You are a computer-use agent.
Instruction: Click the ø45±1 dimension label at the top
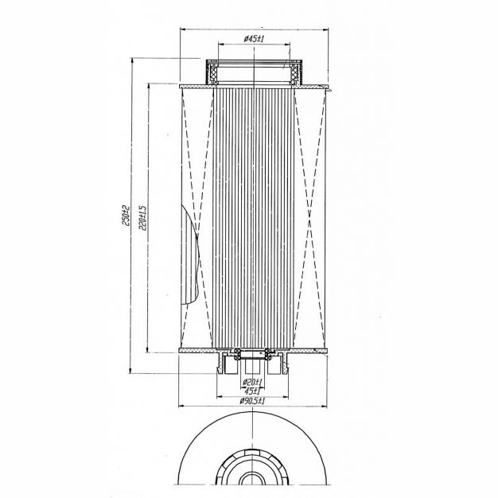coord(254,39)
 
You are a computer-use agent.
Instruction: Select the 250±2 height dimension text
coord(126,216)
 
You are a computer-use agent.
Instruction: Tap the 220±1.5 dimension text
coord(143,217)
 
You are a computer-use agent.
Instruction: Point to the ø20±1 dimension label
coord(252,382)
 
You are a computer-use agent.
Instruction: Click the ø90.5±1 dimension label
coord(252,401)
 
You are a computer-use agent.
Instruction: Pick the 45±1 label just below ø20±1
coord(252,390)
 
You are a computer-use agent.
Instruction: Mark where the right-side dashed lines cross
coord(309,219)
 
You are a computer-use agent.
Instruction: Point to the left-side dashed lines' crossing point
coord(197,235)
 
